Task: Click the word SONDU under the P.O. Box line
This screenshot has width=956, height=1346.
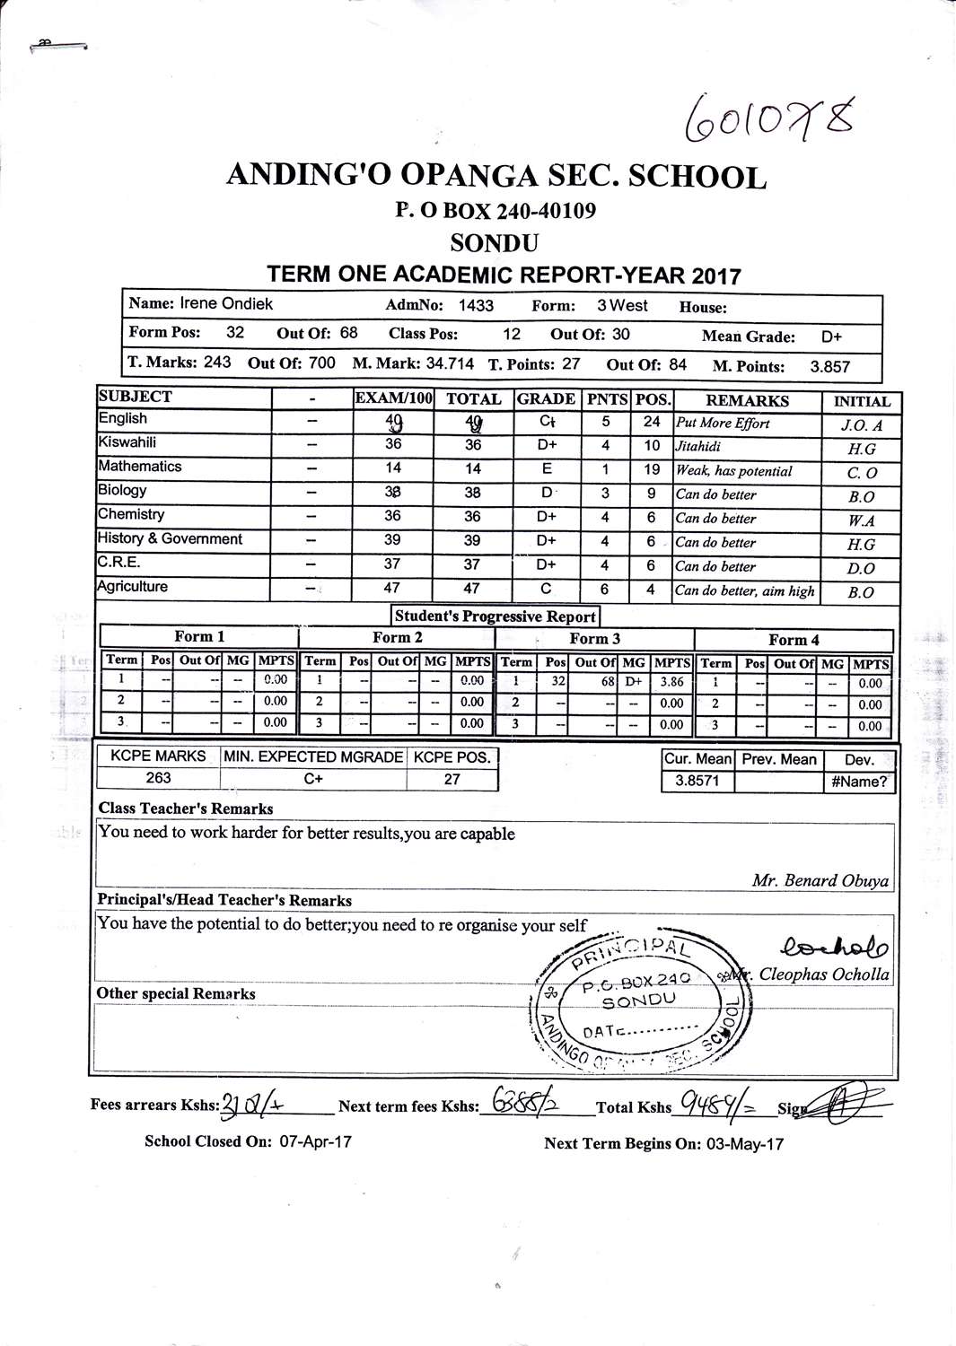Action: pyautogui.click(x=495, y=243)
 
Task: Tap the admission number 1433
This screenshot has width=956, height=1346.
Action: pyautogui.click(x=476, y=305)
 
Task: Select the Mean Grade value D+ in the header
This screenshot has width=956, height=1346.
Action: pyautogui.click(x=831, y=337)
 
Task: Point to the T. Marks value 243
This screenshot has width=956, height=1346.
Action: pyautogui.click(x=217, y=363)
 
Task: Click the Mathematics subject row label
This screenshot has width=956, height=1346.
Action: pyautogui.click(x=140, y=467)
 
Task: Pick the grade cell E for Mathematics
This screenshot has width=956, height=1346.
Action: pyautogui.click(x=547, y=468)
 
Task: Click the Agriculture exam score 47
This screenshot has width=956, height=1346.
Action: pyautogui.click(x=392, y=588)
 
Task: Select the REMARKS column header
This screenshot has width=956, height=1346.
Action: pyautogui.click(x=747, y=400)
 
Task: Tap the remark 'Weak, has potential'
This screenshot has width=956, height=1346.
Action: pyautogui.click(x=733, y=471)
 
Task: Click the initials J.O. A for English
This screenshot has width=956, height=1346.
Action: pyautogui.click(x=861, y=425)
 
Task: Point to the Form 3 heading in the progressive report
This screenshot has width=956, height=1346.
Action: pyautogui.click(x=594, y=639)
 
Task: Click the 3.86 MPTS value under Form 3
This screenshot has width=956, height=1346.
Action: pyautogui.click(x=671, y=682)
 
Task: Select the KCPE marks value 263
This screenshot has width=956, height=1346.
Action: pyautogui.click(x=158, y=778)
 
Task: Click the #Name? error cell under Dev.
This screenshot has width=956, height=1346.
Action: pyautogui.click(x=859, y=782)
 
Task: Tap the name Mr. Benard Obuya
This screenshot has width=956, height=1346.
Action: pyautogui.click(x=820, y=880)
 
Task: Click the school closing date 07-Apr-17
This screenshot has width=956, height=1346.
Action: pyautogui.click(x=315, y=1141)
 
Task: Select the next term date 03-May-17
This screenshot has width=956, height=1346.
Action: pyautogui.click(x=744, y=1144)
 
